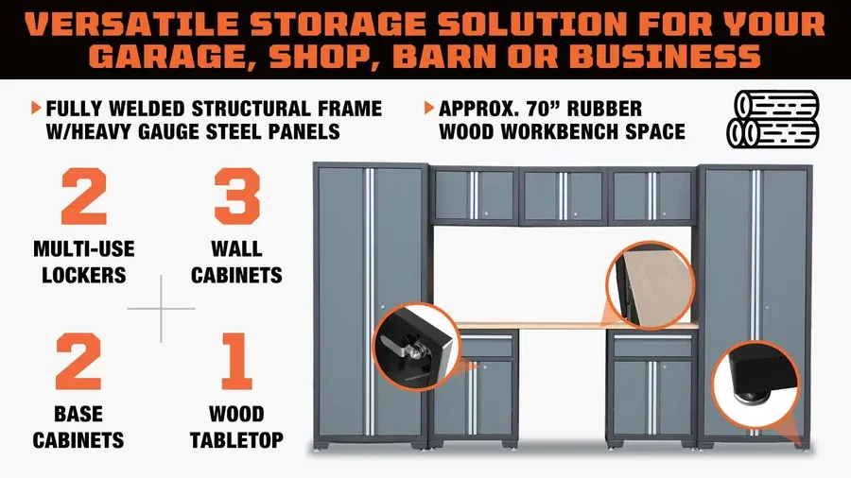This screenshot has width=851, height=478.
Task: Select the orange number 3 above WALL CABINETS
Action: click(237, 196)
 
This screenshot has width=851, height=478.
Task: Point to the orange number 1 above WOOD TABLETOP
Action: click(237, 361)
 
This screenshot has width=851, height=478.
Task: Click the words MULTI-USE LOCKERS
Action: click(84, 262)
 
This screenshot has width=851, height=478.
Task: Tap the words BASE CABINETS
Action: click(78, 427)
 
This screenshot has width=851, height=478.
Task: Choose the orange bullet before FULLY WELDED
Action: click(36, 108)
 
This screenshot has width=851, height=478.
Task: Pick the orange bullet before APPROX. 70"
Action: click(429, 108)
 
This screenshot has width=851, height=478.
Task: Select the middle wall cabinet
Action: click(564, 196)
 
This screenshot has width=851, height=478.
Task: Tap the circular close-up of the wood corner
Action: click(650, 285)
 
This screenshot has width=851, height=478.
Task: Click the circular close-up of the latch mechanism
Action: click(417, 347)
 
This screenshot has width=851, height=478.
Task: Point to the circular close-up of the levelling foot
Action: click(755, 384)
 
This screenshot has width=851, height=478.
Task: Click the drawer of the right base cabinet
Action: click(652, 346)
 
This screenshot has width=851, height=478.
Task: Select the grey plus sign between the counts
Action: click(161, 309)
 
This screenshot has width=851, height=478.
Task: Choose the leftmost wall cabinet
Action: click(474, 196)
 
